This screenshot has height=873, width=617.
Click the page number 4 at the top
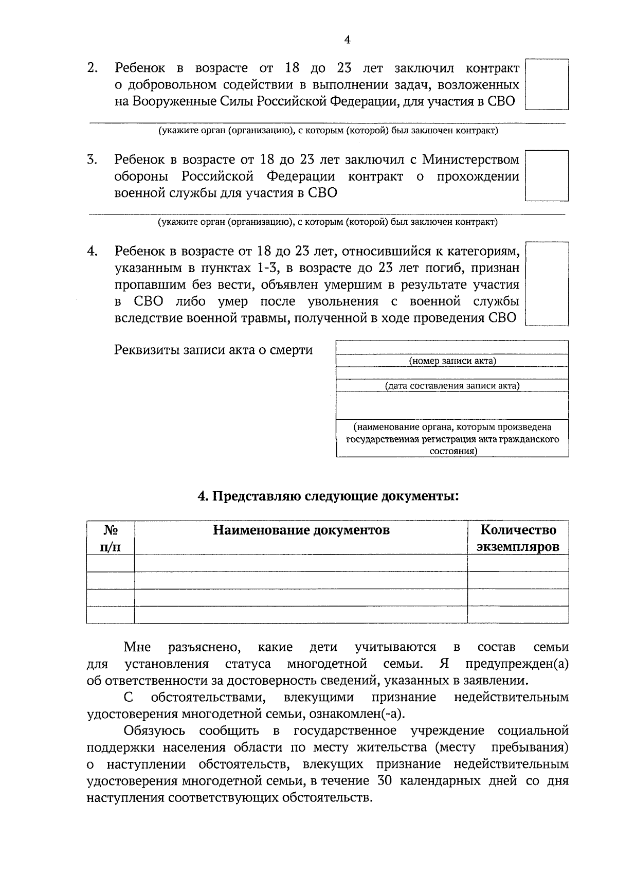[x=348, y=40]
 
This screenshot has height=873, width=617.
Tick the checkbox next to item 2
[x=547, y=84]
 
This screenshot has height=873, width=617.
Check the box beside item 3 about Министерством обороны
[x=547, y=175]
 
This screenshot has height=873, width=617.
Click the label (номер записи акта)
[x=452, y=361]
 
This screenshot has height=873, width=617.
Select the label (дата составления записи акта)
[x=452, y=386]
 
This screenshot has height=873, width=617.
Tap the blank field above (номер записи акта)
[x=452, y=348]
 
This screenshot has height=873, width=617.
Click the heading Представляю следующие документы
[x=328, y=496]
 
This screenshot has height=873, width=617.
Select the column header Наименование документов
[x=301, y=530]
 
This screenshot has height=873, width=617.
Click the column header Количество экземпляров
[x=518, y=538]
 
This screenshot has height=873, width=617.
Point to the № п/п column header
[x=111, y=538]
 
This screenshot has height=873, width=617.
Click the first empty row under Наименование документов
[x=301, y=563]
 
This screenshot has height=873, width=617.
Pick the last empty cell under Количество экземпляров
[x=518, y=615]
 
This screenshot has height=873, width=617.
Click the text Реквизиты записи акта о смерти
[x=213, y=350]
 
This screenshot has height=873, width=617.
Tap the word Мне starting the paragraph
[x=137, y=647]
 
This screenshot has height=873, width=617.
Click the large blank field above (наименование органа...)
[x=452, y=405]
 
